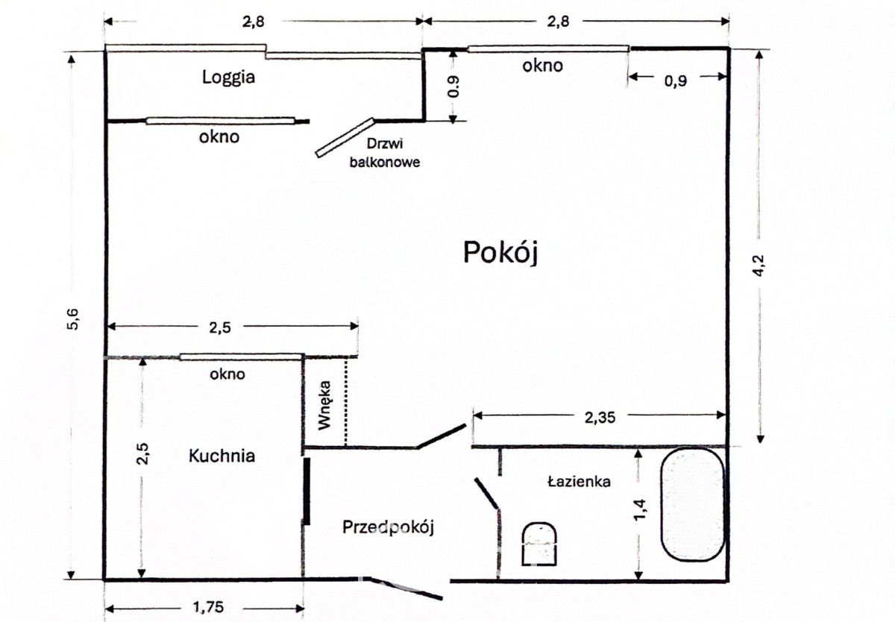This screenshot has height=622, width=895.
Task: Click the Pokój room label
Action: tap(500, 253)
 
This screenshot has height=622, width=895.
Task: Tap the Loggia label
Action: tap(229, 77)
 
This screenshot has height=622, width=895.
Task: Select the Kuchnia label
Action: tap(222, 456)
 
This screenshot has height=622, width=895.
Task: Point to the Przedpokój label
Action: tap(388, 527)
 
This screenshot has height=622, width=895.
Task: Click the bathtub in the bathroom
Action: tap(692, 504)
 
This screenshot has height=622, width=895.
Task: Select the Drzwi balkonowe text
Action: tap(385, 153)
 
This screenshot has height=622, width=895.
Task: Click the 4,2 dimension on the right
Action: tap(759, 266)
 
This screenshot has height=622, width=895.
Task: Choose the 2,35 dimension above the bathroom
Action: tap(600, 418)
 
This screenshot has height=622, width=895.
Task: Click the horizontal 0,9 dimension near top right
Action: tap(676, 82)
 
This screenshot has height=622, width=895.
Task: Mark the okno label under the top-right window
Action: tap(542, 66)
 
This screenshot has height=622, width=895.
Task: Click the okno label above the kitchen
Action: tap(227, 374)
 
